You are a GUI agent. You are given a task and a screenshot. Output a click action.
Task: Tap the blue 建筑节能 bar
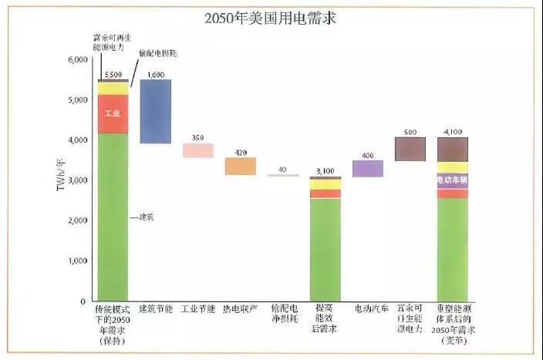pos(155,111)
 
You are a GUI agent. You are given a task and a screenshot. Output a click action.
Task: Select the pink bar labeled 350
pos(197,150)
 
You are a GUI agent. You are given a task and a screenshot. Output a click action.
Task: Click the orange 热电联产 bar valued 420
pos(240,166)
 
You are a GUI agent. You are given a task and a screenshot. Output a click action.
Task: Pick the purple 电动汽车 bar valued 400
pos(368,168)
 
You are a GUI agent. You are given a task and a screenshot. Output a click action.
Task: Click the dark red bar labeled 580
pos(410,149)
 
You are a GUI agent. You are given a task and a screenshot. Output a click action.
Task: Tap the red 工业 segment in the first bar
pos(113,114)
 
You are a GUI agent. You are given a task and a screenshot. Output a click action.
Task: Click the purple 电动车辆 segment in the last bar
pos(452,180)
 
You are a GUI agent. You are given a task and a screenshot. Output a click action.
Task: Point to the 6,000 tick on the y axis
pos(78,60)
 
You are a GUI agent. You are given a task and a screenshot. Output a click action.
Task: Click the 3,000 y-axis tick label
pos(78,180)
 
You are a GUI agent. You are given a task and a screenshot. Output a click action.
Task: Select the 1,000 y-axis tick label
pos(78,261)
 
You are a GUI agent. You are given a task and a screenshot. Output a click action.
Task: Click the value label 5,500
pos(113,74)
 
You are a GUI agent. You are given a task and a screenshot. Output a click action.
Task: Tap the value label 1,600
pos(155,74)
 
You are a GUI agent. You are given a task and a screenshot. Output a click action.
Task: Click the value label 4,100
pos(452,132)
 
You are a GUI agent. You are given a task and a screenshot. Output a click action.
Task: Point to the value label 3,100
pos(325,170)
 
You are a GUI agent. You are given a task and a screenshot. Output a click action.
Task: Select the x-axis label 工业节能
pos(197,308)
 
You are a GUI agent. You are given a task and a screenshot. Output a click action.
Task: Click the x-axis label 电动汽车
pos(368,308)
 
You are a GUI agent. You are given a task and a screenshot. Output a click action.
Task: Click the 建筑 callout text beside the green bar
pos(146,217)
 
